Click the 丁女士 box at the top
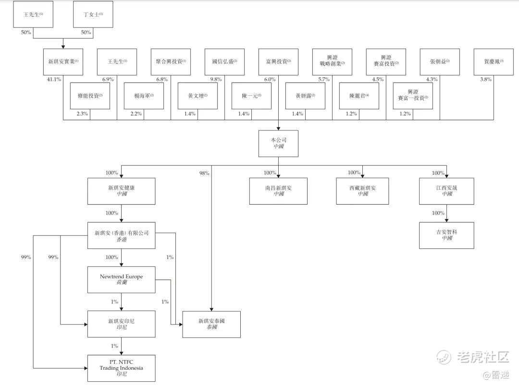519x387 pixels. point(93,14)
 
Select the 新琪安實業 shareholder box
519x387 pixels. point(63,62)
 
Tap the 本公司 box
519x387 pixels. point(278,143)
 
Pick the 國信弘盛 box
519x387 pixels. point(224,62)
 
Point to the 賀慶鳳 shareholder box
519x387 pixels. point(494,62)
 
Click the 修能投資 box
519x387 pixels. point(90,96)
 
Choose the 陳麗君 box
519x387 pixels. point(359,96)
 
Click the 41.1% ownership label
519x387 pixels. point(54,79)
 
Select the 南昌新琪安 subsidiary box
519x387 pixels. point(278,191)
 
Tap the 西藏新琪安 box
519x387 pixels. point(362,191)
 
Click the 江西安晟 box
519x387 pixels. point(447,191)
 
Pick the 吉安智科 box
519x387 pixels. point(447,235)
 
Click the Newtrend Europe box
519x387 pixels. point(121,280)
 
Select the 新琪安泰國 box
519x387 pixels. point(211,324)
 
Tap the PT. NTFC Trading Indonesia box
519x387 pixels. point(121,368)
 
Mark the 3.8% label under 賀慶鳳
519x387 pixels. point(486,79)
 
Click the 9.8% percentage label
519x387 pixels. point(216,79)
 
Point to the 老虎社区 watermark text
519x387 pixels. point(483,357)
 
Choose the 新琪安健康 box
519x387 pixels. point(121,191)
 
